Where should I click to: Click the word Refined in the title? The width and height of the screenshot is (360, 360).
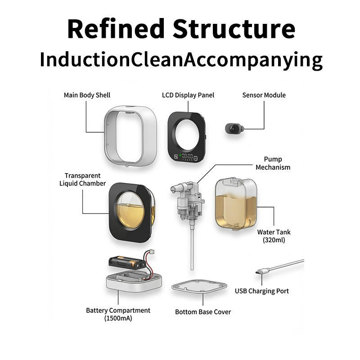[116, 28]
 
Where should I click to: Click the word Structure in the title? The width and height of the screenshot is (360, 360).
[234, 28]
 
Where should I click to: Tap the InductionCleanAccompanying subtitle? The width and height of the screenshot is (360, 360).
[181, 60]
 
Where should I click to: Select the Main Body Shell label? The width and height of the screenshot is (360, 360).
[87, 95]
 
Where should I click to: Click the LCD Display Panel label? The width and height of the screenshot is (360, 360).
[188, 95]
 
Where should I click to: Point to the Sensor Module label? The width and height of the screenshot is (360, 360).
[264, 95]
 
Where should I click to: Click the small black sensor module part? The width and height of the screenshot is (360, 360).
[233, 129]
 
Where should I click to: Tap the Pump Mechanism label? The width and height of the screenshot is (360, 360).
[273, 163]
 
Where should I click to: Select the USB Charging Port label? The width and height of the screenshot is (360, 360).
[262, 291]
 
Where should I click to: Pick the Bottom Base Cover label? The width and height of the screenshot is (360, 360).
[203, 312]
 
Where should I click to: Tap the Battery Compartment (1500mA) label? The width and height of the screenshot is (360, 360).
[118, 314]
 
